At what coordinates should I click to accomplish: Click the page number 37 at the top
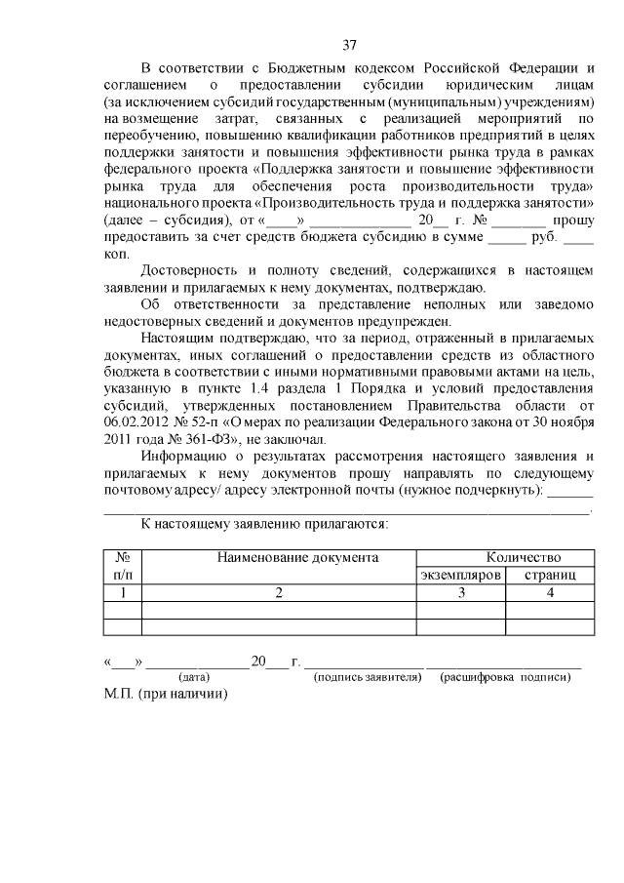[351, 43]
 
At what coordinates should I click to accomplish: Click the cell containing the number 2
[279, 592]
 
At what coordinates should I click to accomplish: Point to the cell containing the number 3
[460, 592]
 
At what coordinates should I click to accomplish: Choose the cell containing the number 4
[550, 592]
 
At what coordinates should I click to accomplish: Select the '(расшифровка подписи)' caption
[505, 676]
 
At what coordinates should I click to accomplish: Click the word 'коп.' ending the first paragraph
[116, 254]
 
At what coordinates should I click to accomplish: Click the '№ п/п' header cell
[123, 566]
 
